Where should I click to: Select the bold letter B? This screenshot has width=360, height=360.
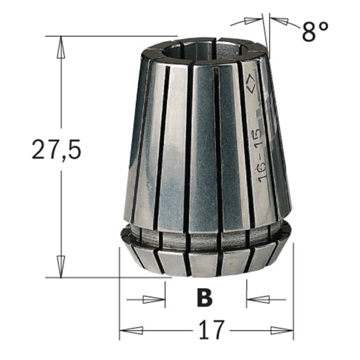pos(205,298)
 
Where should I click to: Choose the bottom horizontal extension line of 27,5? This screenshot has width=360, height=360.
pos(111,277)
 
